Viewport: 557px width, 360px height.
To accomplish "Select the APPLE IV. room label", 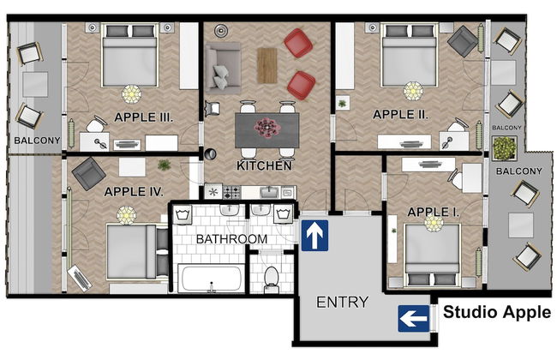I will pos(133,192).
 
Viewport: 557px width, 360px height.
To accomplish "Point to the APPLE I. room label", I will pos(434,211).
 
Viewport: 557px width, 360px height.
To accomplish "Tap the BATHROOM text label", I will pos(232,238).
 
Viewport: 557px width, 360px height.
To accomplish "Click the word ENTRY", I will pos(342,302).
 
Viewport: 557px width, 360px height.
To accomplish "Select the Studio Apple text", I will pos(496,312).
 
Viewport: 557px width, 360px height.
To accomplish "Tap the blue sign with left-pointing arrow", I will pos(413,320).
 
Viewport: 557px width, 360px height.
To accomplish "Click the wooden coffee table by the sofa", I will pos(267,64).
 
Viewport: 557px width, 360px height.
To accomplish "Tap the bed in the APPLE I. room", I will pos(432,253).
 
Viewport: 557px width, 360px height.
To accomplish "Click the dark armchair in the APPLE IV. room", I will pos(88,175).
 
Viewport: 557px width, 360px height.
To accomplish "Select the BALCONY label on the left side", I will pos(33,140).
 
